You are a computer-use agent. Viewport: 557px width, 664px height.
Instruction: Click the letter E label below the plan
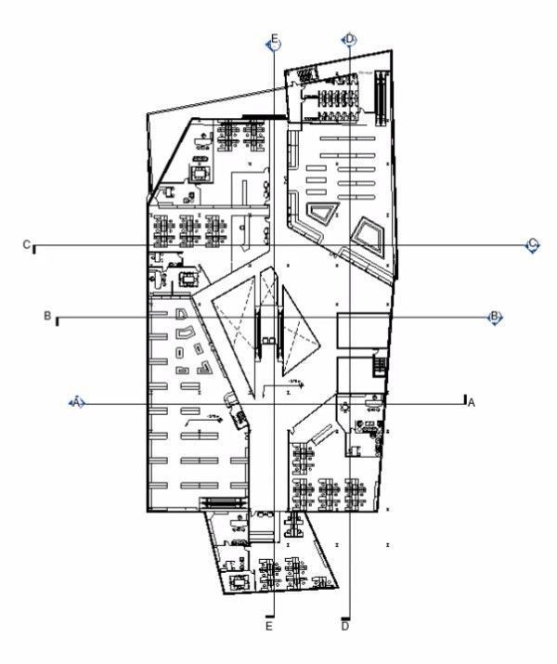(x=269, y=627)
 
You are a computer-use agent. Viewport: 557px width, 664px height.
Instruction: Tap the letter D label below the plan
(x=345, y=627)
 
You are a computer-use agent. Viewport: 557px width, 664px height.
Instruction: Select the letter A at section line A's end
(x=471, y=402)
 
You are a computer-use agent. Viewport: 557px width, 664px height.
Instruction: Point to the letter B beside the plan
(x=46, y=316)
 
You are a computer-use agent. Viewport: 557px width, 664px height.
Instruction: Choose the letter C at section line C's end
(x=27, y=244)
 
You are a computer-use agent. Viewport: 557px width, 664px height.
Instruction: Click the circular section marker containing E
(x=273, y=42)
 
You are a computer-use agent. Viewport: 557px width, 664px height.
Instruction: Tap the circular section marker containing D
(x=349, y=39)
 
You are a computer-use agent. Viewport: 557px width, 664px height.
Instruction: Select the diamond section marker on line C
(x=532, y=245)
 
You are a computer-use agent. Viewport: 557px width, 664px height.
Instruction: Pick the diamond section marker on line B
(x=495, y=318)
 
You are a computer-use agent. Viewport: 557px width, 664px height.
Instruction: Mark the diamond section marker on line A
(x=78, y=401)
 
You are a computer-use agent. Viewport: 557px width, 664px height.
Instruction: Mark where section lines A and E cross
(x=273, y=402)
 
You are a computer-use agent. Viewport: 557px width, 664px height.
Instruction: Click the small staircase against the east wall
(x=379, y=362)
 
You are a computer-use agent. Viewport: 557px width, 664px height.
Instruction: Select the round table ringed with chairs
(x=344, y=407)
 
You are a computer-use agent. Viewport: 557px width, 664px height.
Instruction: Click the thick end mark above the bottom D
(x=345, y=618)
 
